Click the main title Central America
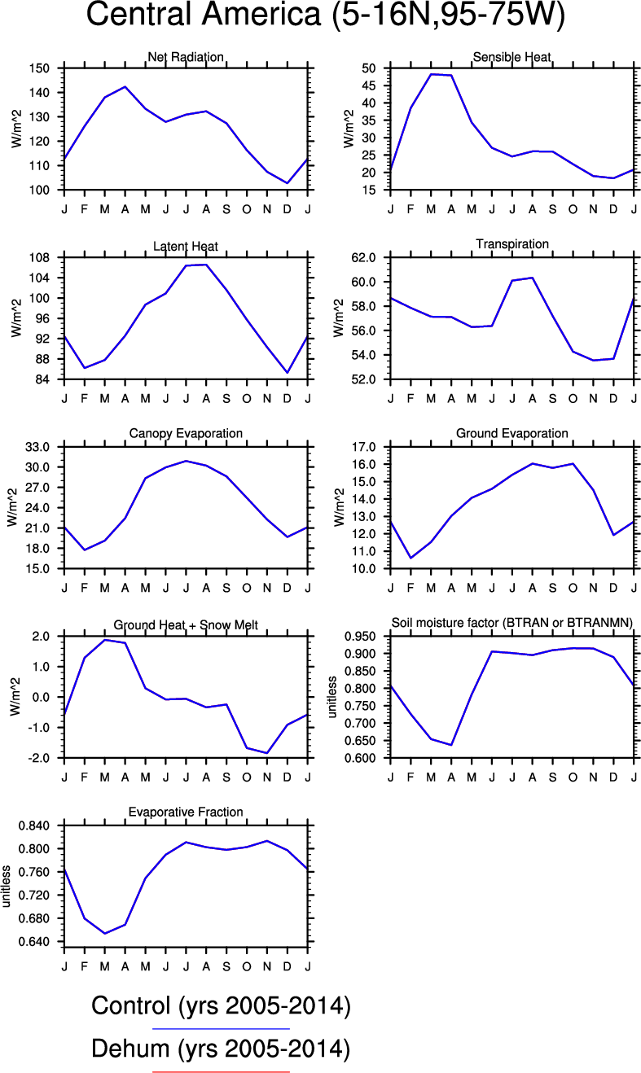coord(325,16)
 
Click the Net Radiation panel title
coord(186,56)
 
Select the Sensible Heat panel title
coord(511,56)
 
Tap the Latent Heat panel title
coord(186,246)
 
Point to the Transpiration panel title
coord(511,243)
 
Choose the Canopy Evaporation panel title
coord(186,433)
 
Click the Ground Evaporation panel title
coord(511,433)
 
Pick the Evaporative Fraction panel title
coord(186,812)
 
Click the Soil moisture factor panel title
coord(512,623)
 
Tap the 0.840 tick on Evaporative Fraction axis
coord(35,826)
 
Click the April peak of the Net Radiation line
coord(125,86)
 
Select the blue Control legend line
coord(221,1029)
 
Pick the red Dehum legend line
coord(221,1071)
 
